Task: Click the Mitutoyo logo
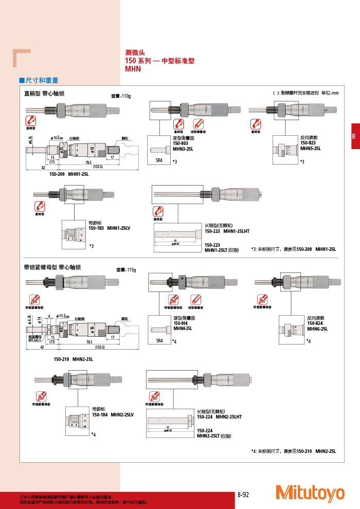click(x=310, y=493)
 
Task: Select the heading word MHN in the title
click(x=133, y=68)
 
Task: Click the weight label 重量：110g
click(x=121, y=96)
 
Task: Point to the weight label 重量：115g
click(x=125, y=269)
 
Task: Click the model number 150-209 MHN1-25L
click(x=69, y=174)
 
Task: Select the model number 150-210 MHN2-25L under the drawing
click(x=74, y=359)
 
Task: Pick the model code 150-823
click(x=307, y=143)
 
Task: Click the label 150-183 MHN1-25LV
click(x=110, y=227)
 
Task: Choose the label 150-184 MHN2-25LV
click(x=113, y=414)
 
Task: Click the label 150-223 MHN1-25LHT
click(x=227, y=231)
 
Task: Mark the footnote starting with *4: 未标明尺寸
click(x=293, y=451)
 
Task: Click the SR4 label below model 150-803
click(x=159, y=160)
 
